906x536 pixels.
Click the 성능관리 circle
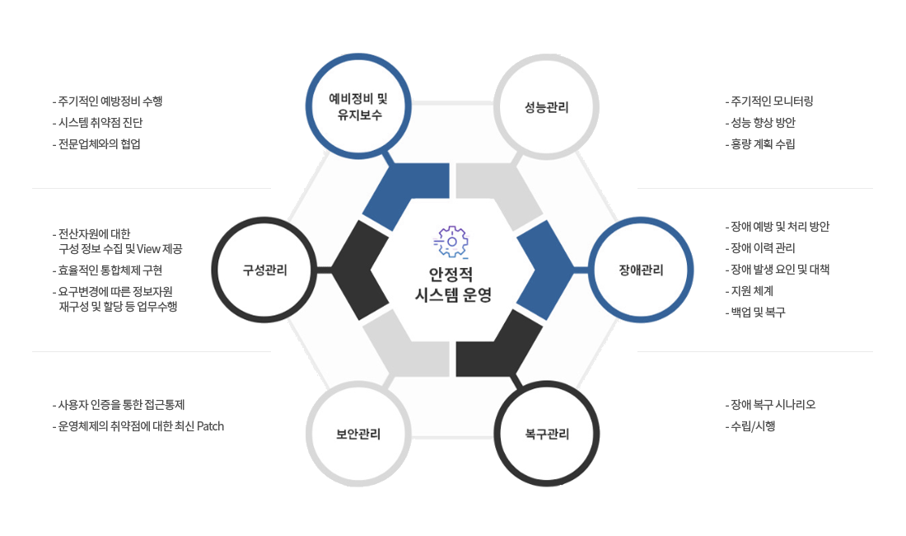(x=546, y=107)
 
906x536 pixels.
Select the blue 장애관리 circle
(x=641, y=270)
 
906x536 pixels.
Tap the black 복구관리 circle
(x=547, y=434)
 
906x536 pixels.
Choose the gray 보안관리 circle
(x=358, y=434)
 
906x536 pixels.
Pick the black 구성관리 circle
(x=264, y=270)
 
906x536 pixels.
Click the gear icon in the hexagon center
(x=451, y=242)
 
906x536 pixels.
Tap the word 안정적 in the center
(x=451, y=273)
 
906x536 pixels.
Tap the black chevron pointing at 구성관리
(x=360, y=270)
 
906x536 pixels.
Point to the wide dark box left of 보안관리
(x=138, y=416)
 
